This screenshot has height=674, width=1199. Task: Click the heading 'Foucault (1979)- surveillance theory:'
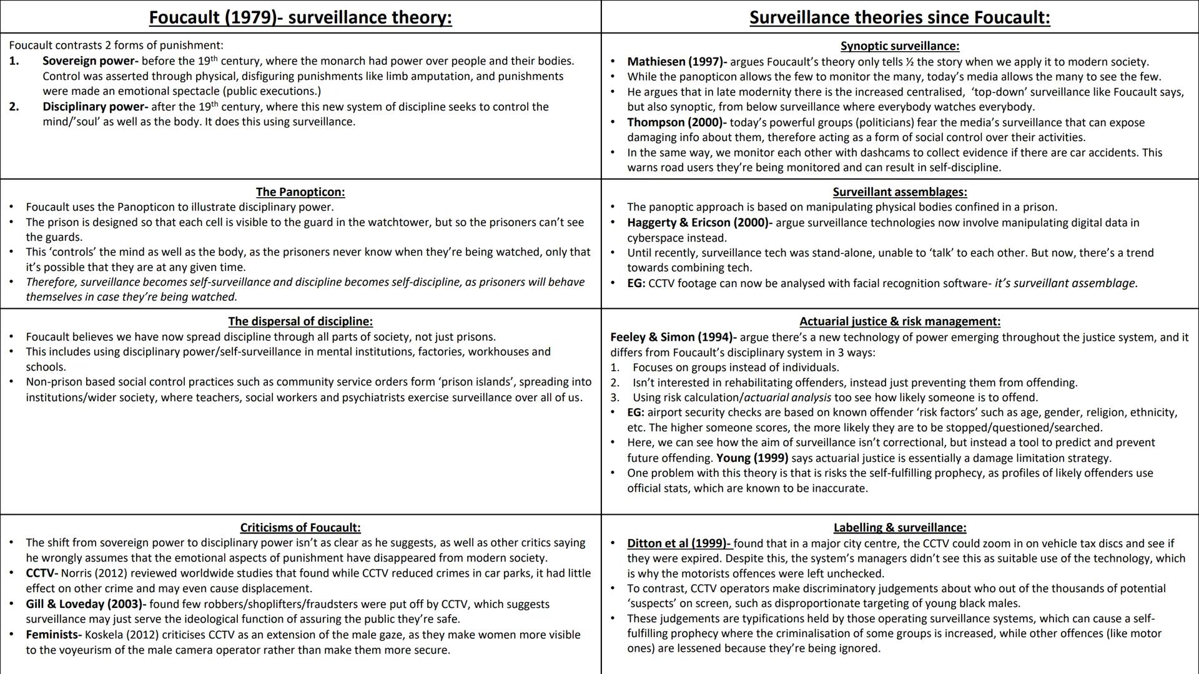(x=300, y=17)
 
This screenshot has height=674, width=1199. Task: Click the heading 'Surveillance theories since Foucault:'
(x=900, y=17)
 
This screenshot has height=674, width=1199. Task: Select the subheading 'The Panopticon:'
(x=300, y=192)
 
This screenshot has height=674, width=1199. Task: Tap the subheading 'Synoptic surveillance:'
(x=900, y=46)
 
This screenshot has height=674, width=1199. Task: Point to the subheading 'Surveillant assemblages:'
(x=900, y=192)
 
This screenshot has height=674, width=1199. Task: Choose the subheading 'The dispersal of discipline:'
(x=300, y=321)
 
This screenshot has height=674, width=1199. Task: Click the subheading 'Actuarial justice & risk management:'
(x=900, y=321)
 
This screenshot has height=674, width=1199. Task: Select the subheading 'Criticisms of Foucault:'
(x=300, y=527)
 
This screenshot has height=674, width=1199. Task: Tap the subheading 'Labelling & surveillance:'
(x=900, y=527)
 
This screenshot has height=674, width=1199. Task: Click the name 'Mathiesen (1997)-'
(x=677, y=62)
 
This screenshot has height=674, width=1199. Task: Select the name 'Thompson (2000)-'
(x=676, y=122)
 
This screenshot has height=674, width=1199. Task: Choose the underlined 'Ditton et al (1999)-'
(x=679, y=543)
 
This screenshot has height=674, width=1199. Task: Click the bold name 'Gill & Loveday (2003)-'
(x=86, y=604)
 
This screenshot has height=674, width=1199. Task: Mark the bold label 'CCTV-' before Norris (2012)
(x=42, y=573)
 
